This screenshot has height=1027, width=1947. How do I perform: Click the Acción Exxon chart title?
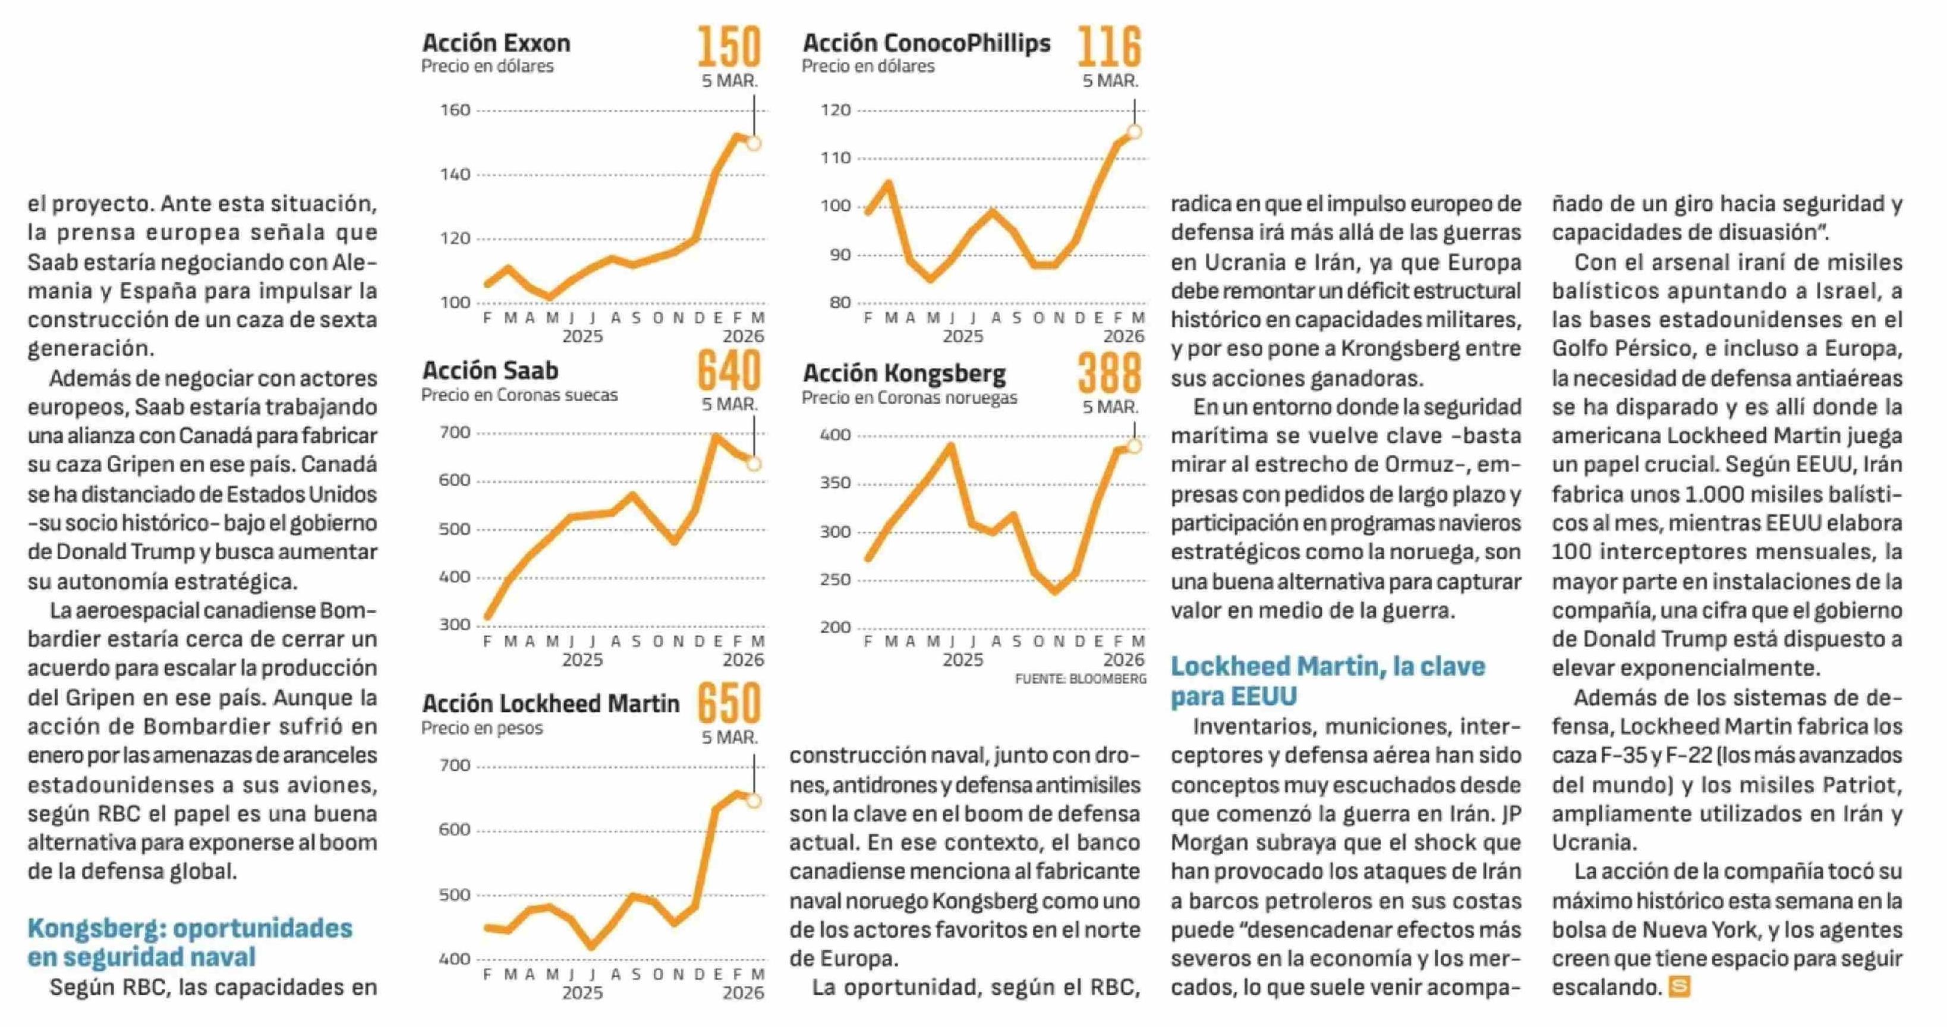(496, 43)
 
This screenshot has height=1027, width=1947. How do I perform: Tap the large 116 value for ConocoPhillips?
(1109, 47)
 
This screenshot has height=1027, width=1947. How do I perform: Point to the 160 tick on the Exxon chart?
(455, 111)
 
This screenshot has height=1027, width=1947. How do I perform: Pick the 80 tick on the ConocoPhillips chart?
(840, 303)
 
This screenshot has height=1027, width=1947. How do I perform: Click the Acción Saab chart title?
(490, 370)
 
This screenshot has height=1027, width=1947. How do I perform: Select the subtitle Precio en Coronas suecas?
(519, 395)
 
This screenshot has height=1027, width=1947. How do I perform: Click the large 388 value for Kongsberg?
(1109, 373)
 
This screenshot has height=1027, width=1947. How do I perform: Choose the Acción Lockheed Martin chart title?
(551, 704)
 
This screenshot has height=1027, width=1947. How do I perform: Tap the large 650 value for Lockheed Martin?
(729, 704)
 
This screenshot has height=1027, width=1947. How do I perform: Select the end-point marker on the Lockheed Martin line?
(754, 801)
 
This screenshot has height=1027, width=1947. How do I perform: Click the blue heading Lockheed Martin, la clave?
(1327, 666)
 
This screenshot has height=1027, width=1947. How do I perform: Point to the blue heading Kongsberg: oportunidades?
(190, 928)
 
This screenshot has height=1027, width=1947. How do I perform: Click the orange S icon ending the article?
(1679, 987)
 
